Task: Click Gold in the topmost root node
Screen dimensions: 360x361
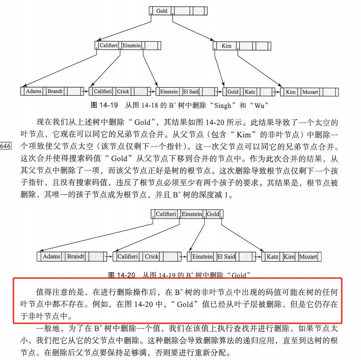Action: tap(161, 11)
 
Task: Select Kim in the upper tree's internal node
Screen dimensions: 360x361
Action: tap(227, 46)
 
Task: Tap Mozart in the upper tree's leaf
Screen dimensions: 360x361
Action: tap(310, 92)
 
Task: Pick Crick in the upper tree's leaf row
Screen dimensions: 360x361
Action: tap(123, 91)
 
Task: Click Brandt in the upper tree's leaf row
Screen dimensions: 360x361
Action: tap(55, 91)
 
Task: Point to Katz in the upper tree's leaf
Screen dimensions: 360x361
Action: tap(250, 92)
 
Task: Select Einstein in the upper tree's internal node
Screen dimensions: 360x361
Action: tap(132, 46)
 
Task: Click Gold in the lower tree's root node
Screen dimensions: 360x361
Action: tap(213, 214)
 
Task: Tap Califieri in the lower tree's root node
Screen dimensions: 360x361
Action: tap(167, 214)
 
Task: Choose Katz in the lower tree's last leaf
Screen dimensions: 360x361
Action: tap(272, 257)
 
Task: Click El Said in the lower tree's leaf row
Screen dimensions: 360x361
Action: tap(226, 257)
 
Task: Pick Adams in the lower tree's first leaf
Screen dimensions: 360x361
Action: tap(51, 257)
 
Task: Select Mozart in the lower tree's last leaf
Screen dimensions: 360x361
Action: tap(308, 257)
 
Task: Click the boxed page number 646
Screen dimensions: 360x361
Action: tap(7, 146)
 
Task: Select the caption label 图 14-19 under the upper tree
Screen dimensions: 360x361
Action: tap(104, 105)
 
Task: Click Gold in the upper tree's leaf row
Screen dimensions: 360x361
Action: tap(233, 92)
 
